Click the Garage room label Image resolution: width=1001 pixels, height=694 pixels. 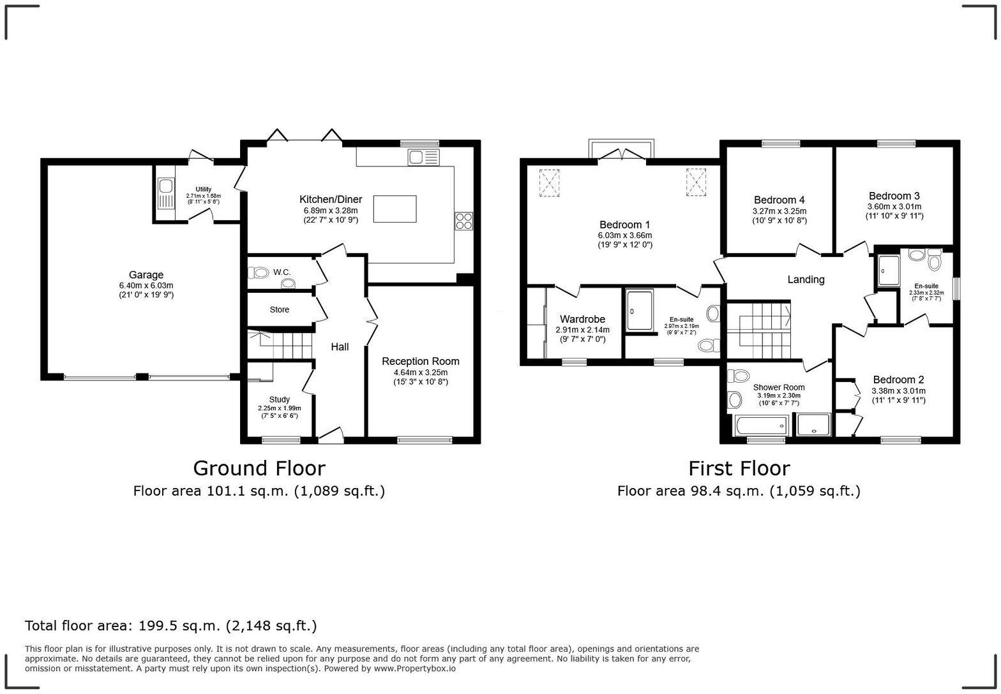146,275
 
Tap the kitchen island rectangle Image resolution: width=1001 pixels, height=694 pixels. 395,209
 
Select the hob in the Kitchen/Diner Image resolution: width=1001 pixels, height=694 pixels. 464,221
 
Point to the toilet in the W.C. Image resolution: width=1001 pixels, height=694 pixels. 259,272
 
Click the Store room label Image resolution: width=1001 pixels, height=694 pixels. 280,309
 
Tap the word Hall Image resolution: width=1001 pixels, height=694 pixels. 340,347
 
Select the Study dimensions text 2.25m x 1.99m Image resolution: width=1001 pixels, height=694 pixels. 280,408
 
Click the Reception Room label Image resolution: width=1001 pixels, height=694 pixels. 420,361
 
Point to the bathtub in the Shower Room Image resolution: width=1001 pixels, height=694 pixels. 762,425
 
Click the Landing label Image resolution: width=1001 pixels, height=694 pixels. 806,279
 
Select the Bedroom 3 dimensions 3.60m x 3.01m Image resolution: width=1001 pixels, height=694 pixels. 894,207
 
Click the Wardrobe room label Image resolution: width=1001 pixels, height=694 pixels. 582,320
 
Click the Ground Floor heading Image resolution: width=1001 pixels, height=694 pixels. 259,468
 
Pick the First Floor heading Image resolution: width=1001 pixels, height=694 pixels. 739,468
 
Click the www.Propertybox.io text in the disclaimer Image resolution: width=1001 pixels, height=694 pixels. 415,668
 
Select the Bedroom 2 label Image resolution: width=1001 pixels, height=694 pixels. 898,380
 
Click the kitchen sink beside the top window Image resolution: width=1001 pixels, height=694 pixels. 423,157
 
